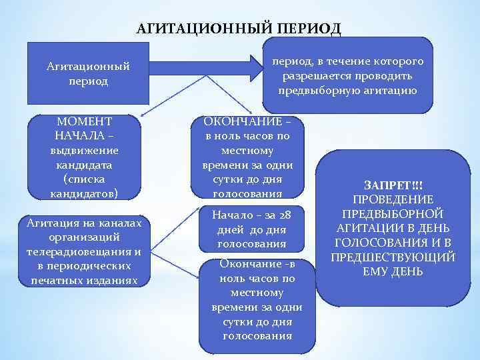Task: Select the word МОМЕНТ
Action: point(84,122)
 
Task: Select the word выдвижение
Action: point(84,151)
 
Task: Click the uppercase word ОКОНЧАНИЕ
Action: point(243,122)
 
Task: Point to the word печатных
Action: point(57,280)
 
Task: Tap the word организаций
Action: point(84,237)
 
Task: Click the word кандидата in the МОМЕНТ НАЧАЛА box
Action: point(84,165)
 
